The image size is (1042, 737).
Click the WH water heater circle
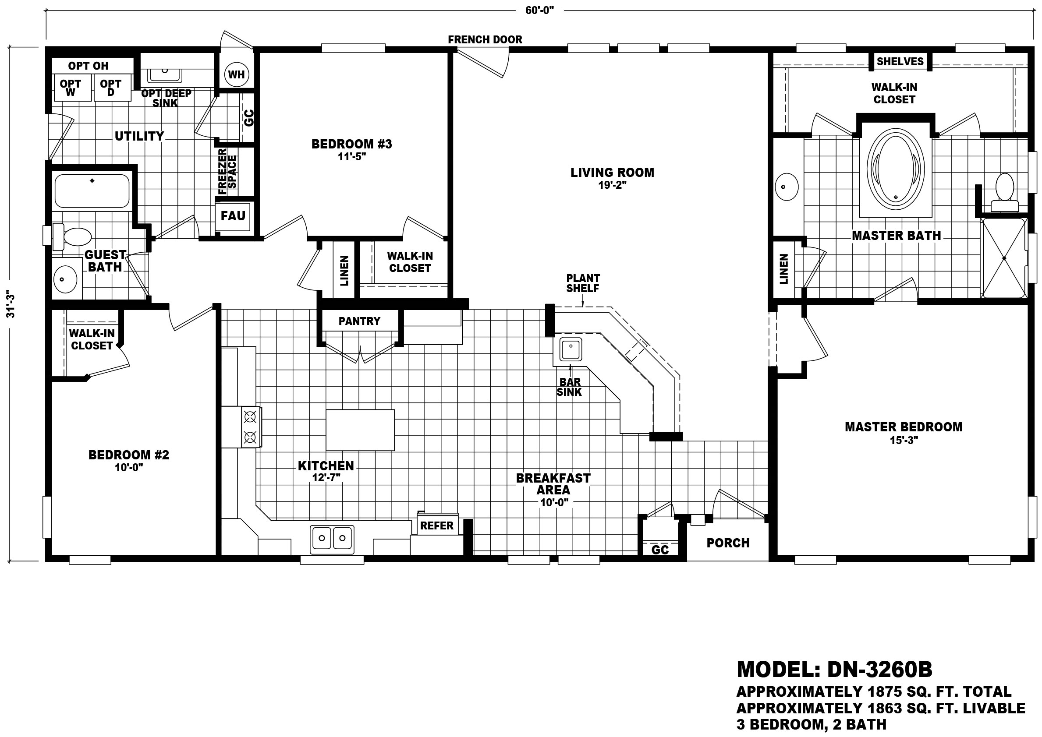pos(236,74)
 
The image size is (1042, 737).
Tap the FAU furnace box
pos(233,216)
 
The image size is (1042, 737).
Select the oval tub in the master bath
pos(895,170)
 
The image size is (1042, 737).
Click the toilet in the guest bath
pos(72,237)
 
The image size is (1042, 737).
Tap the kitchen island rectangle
pos(360,430)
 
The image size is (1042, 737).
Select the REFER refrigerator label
pos(437,525)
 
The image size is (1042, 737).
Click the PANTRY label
pos(359,321)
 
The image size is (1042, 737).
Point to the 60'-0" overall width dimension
pos(539,11)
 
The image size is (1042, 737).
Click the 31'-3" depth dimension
pos(11,304)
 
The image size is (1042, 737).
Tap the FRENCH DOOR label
pos(485,39)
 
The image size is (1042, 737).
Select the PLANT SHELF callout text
pos(583,283)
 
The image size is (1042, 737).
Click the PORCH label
pos(728,543)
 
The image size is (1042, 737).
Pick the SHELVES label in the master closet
pos(900,61)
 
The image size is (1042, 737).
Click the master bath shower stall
pos(1004,258)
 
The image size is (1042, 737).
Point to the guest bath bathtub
pos(92,191)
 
